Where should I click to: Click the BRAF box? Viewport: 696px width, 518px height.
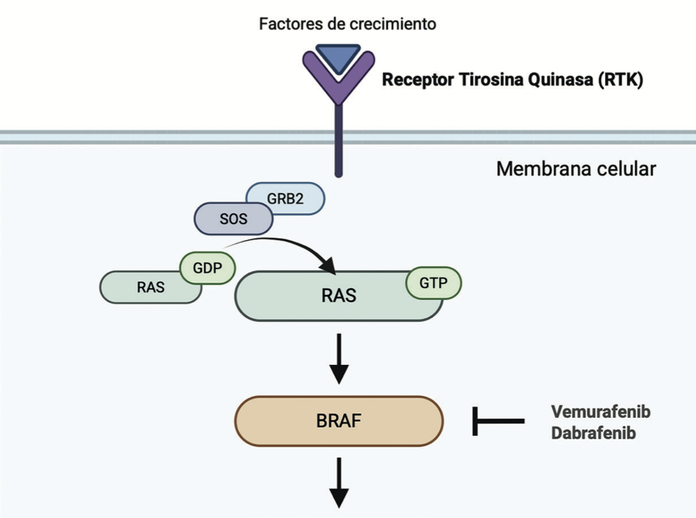point(338,421)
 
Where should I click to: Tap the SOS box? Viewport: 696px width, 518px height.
point(233,219)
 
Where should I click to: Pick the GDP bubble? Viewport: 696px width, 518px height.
point(207,269)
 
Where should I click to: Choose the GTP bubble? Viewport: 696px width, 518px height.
point(433,283)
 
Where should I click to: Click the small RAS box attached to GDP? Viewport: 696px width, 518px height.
point(150,288)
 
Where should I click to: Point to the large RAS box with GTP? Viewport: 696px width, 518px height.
point(338,296)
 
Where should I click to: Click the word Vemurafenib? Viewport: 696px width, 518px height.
point(601,412)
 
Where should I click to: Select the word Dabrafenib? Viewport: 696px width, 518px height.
point(593,433)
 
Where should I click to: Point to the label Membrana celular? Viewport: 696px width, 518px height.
point(576,169)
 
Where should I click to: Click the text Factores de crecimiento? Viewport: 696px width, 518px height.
point(347,24)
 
